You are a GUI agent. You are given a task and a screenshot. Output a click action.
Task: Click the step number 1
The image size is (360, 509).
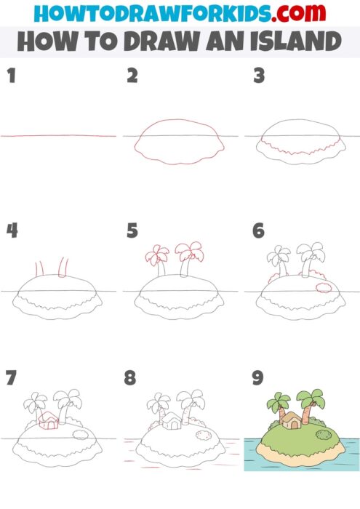tap(11, 75)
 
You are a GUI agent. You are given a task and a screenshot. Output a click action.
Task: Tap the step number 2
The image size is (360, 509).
tap(132, 75)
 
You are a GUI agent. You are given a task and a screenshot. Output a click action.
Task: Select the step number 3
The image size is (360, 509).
tap(257, 75)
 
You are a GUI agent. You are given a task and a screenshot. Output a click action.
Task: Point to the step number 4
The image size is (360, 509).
tap(12, 231)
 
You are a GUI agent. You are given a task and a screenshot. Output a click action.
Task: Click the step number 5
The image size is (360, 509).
tap(132, 231)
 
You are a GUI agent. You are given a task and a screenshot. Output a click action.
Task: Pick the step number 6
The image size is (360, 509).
tap(258, 231)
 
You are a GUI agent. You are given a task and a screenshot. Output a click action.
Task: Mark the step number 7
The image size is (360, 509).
tap(11, 378)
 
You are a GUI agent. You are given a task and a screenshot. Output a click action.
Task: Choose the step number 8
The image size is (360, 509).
tap(130, 378)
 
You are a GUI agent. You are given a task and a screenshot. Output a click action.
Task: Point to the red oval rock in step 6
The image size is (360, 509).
tap(324, 288)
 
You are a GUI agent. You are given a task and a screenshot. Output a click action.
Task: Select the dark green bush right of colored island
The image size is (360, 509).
tap(324, 436)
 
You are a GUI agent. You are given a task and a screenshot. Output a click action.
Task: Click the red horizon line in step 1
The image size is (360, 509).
tap(58, 135)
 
